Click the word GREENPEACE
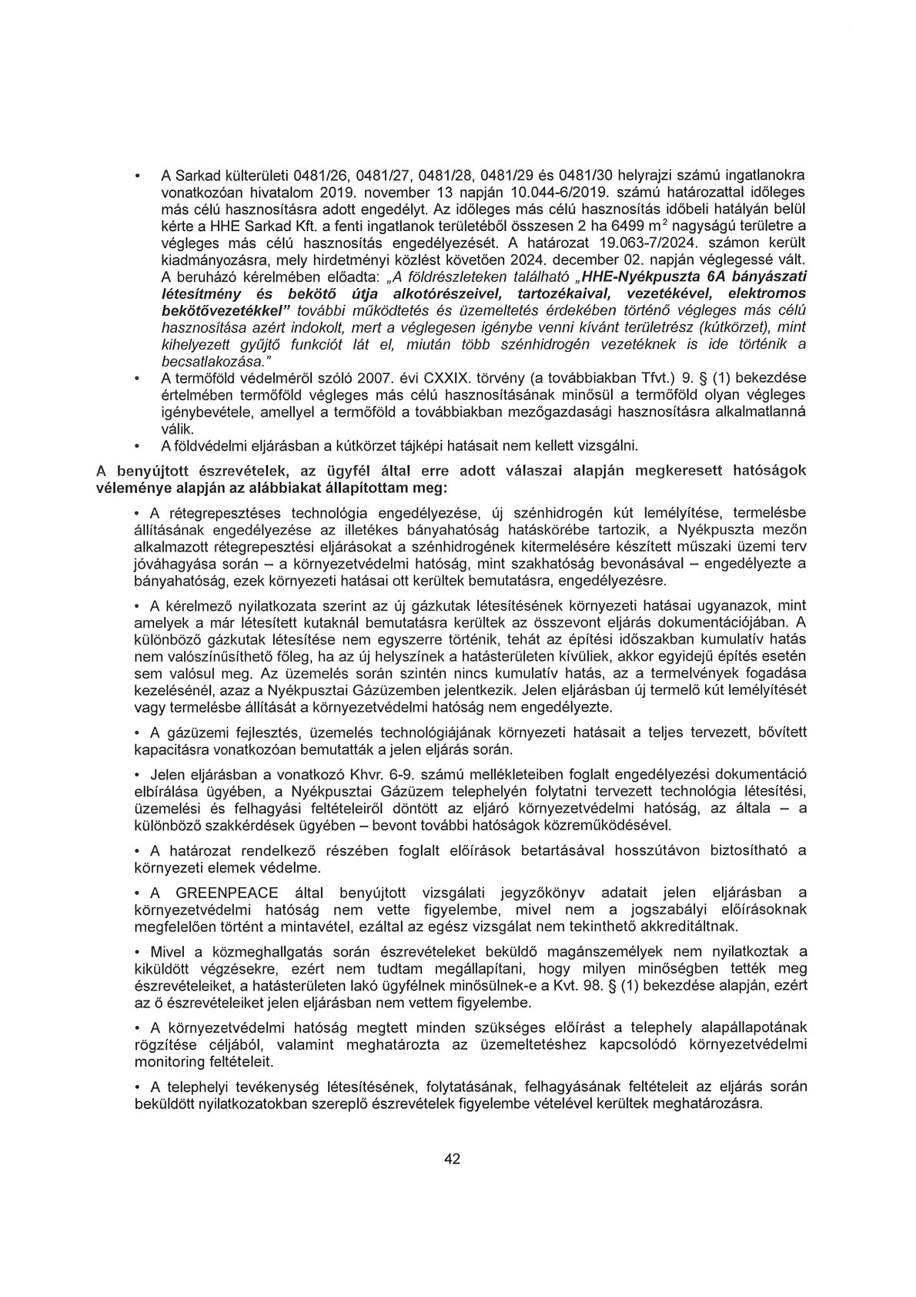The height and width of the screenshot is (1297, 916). (x=219, y=892)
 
